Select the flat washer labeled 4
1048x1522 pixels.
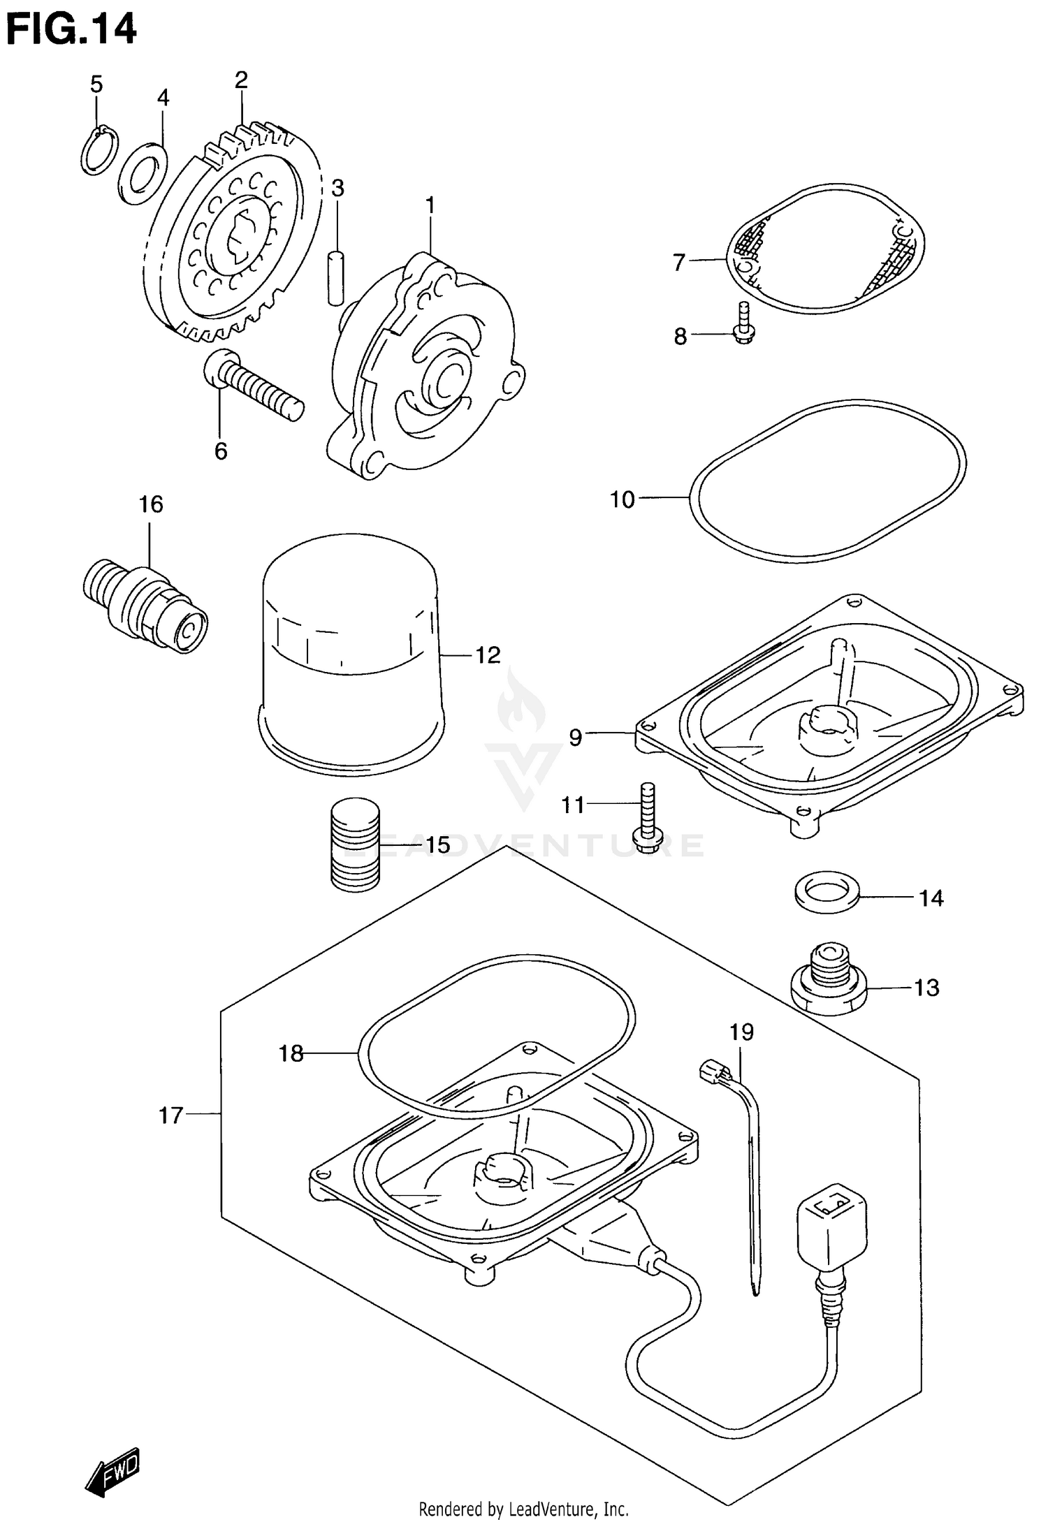tap(143, 174)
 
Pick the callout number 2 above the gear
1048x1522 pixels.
tap(241, 80)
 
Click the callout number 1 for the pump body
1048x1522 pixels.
tap(430, 205)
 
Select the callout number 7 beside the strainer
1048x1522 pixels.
tap(678, 263)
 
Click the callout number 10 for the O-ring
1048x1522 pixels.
tap(622, 499)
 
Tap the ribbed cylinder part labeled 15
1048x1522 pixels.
tap(355, 844)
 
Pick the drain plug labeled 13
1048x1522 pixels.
tap(828, 976)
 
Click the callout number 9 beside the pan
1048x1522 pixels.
tap(575, 737)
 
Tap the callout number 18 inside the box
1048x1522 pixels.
tap(291, 1053)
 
